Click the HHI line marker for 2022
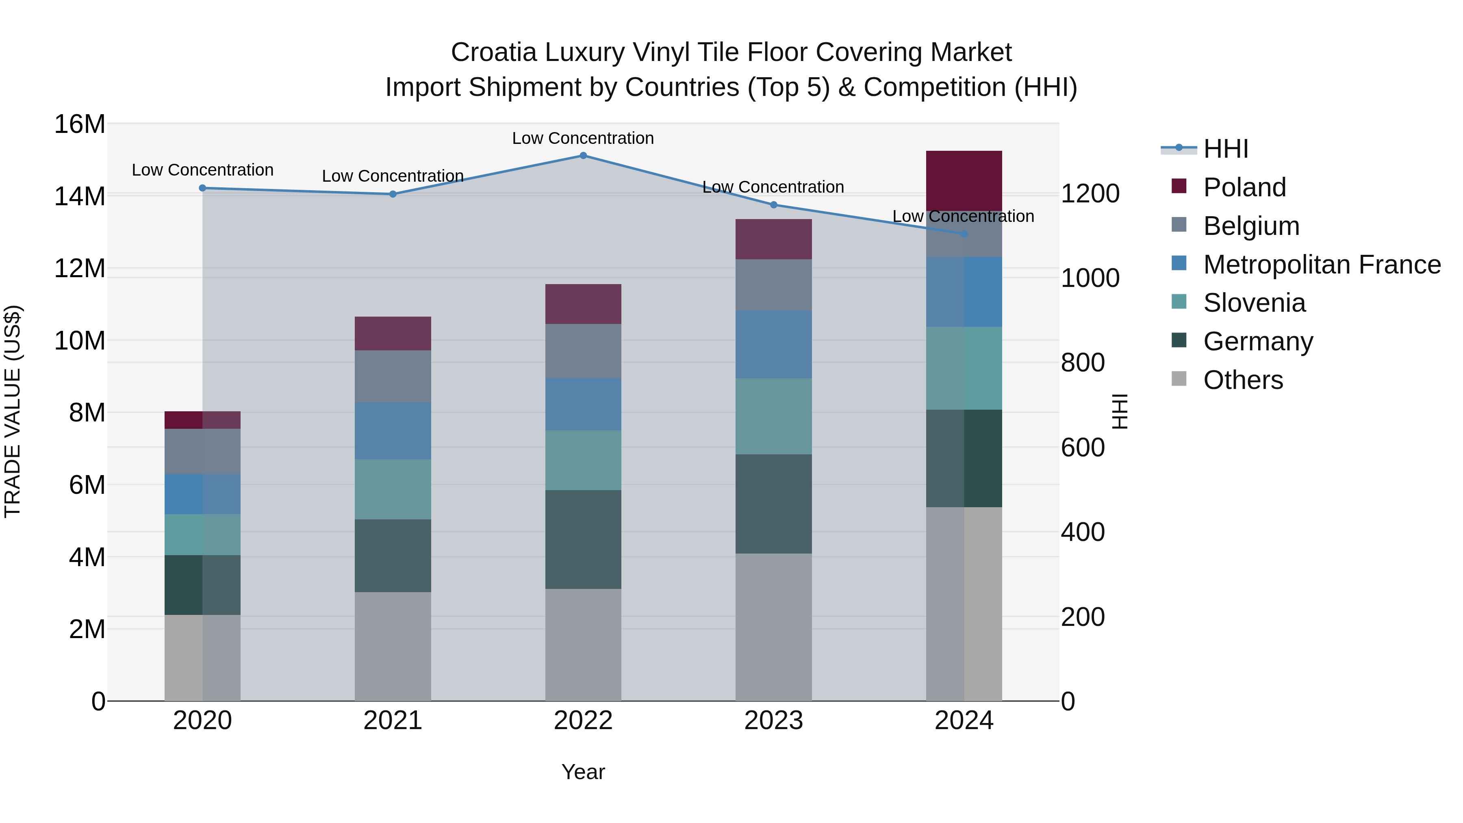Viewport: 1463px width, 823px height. coord(583,155)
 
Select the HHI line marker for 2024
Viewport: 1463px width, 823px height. coord(964,233)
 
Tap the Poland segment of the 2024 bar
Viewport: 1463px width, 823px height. coord(964,180)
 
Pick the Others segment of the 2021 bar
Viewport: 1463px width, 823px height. coord(393,646)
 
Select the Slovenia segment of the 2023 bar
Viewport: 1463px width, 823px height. coord(773,416)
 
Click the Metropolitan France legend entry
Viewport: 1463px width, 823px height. coord(1321,264)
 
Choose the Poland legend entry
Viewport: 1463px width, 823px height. coord(1244,187)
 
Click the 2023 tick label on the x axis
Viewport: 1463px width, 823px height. coord(773,721)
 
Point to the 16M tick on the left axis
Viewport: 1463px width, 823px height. coord(80,124)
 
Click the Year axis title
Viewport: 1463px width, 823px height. coord(583,772)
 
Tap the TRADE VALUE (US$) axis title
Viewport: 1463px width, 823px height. coord(13,411)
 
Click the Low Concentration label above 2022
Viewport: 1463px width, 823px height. coord(583,138)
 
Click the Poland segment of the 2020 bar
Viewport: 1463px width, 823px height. coord(202,420)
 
